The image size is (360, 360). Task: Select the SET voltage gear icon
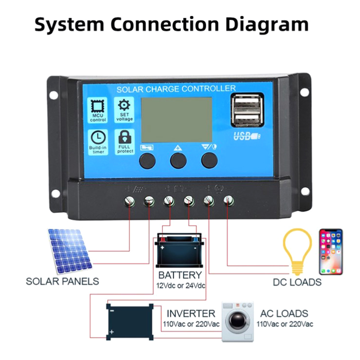tap(124, 105)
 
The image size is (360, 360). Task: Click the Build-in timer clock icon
tap(98, 137)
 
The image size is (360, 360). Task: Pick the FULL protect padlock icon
tap(124, 136)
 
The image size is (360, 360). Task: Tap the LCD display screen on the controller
tap(176, 119)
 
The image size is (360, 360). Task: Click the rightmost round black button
tap(209, 160)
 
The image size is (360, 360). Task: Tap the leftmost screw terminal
tap(130, 201)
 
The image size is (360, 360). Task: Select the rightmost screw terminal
tap(229, 200)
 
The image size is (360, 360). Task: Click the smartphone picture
tap(331, 252)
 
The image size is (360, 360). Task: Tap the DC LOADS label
tap(297, 283)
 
